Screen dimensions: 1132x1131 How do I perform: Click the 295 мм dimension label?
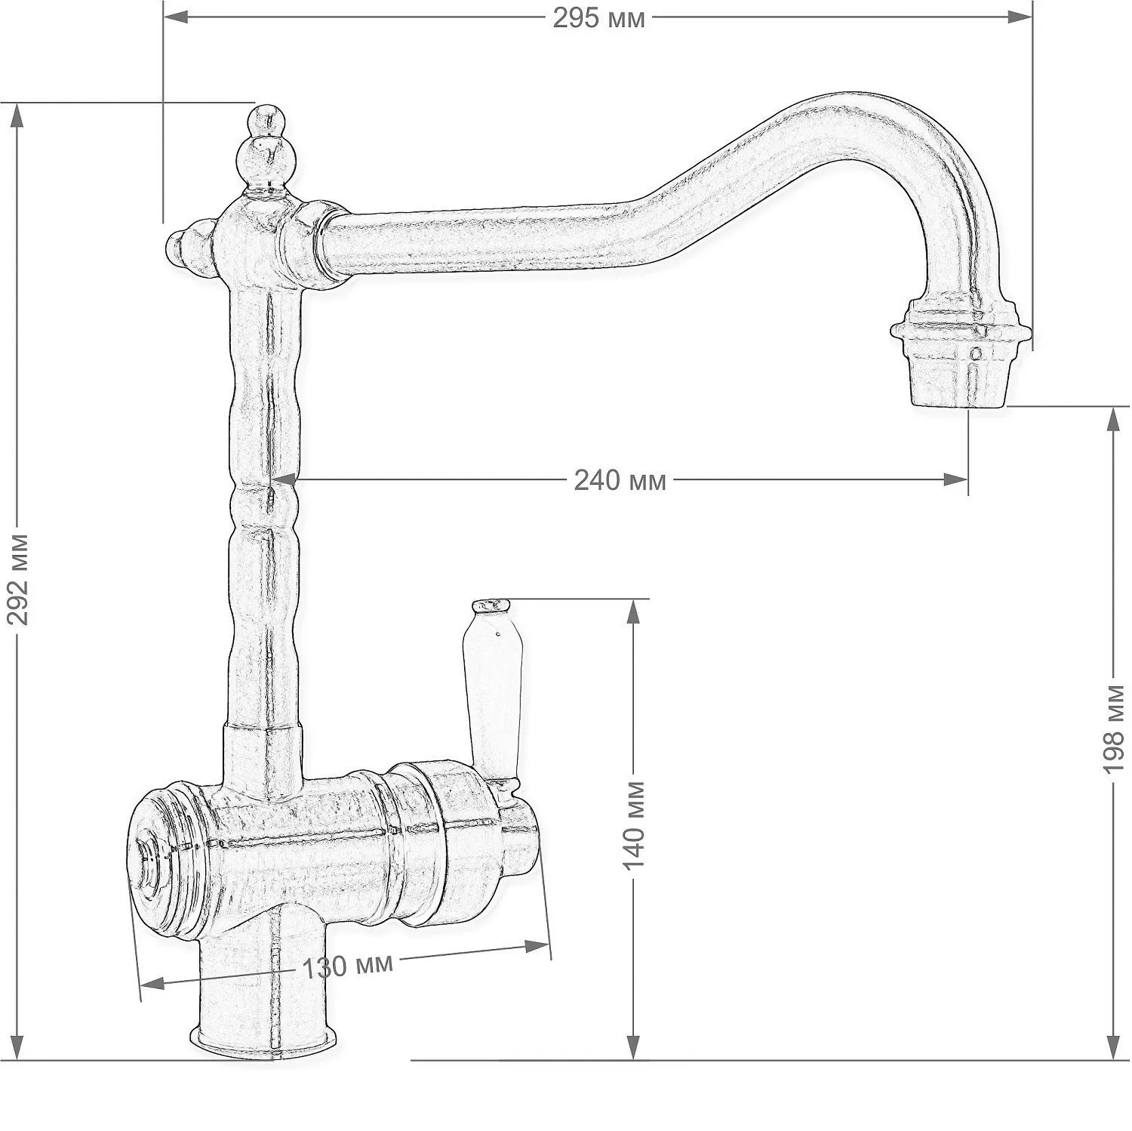(598, 18)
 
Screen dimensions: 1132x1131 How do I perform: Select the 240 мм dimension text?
(620, 479)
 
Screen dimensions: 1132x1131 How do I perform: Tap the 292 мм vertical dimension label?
(19, 580)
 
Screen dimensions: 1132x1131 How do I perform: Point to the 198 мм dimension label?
(1114, 729)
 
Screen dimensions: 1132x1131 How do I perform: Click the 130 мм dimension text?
(348, 966)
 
